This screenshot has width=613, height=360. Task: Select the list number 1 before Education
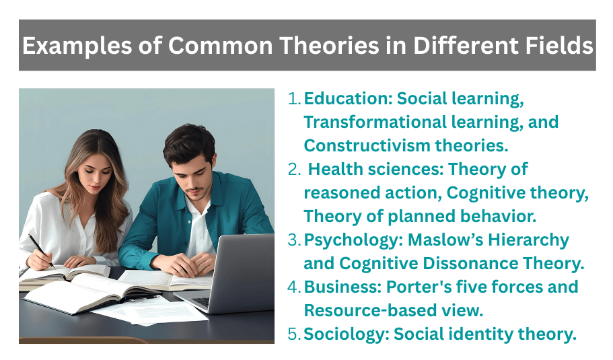coord(294,99)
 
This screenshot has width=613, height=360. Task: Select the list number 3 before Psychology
coord(294,240)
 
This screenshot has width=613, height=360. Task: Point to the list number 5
coord(294,334)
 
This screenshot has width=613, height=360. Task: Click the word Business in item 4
coord(342,287)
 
